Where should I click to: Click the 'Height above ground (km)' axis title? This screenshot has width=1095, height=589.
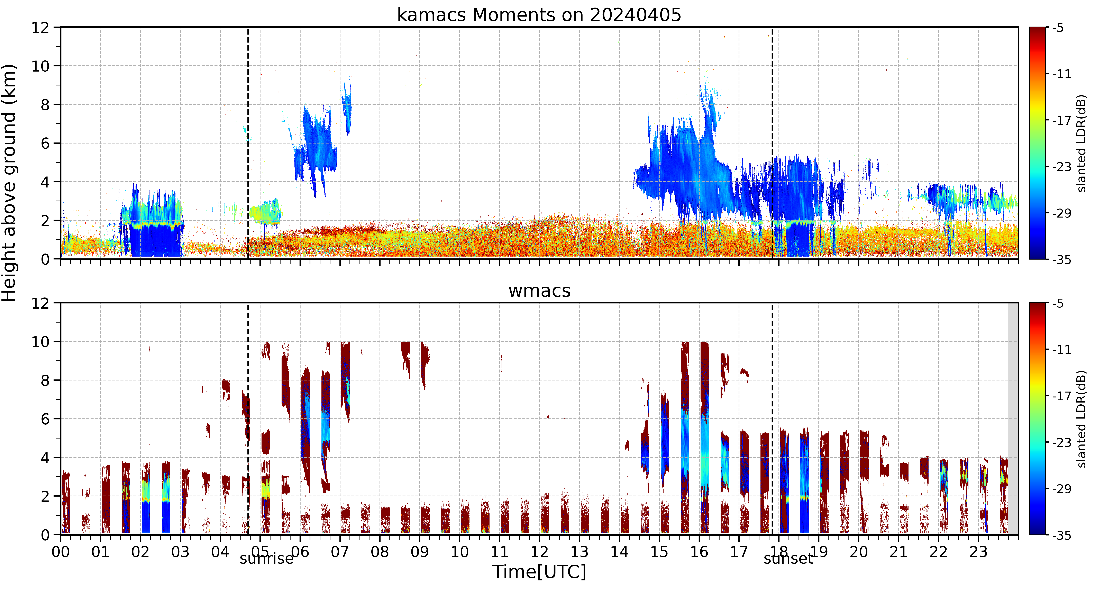(x=9, y=183)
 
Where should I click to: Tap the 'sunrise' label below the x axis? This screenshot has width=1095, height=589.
(x=266, y=558)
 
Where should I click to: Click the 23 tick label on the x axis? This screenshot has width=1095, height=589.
(x=978, y=552)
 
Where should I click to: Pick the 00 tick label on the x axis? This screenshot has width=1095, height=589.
(x=61, y=552)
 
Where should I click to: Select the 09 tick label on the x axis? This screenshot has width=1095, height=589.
(x=420, y=552)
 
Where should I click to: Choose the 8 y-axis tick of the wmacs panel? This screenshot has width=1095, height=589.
(x=45, y=380)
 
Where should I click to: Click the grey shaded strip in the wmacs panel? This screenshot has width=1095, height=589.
(x=1013, y=419)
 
